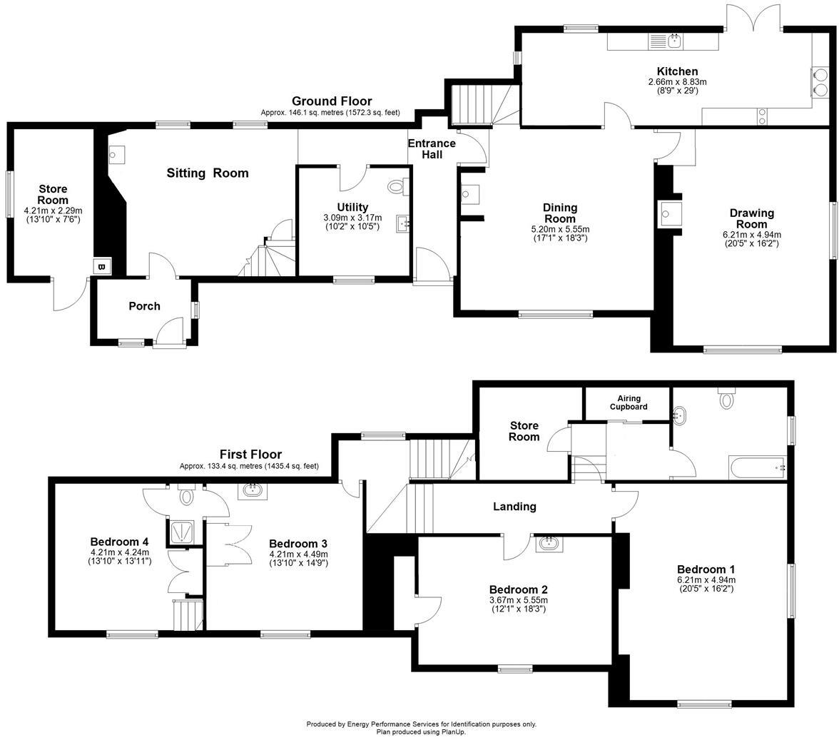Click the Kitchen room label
pos(677,71)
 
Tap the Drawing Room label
pos(751,218)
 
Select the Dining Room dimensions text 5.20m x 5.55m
pos(560,229)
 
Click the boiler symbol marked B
pos(101,267)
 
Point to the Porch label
pos(144,306)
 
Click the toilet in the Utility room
pos(396,187)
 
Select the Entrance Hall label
pos(432,148)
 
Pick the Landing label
pos(514,507)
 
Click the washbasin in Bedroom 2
pos(549,544)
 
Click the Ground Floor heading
pos(332,101)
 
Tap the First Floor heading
pos(250,455)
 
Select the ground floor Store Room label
pos(53,195)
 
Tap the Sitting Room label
pos(208,173)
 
